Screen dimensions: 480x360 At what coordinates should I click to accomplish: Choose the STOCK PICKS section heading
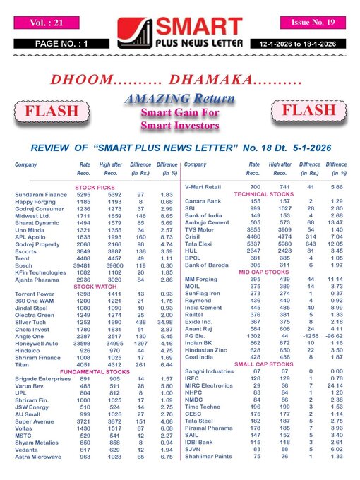point(94,187)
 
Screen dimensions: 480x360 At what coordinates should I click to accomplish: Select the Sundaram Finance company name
point(42,194)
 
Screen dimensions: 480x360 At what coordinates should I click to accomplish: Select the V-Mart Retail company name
point(203,187)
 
